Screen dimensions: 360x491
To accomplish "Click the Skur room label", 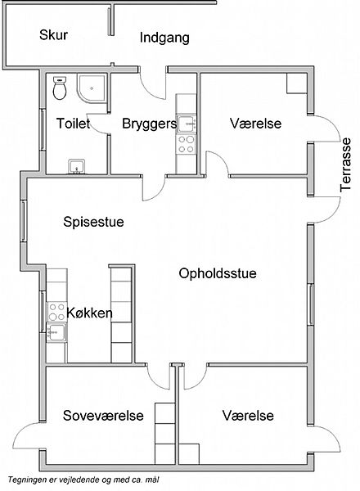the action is pos(53,34).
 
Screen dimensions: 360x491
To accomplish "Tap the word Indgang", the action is pos(164,38).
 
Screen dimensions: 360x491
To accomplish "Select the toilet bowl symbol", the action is pos(59,88).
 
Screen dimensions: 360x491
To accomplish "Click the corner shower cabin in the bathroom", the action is pos(92,88).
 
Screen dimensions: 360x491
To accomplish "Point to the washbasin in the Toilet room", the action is pos(76,166).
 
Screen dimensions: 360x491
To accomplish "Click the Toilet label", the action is pos(74,124).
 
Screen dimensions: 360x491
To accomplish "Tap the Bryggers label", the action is pos(150,124).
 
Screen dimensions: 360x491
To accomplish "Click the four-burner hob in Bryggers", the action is pos(186,144).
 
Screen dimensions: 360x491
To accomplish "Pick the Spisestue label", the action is pos(93,222).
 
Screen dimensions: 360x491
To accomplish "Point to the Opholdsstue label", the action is pos(218,273).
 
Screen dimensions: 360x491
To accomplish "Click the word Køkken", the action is pos(89,313).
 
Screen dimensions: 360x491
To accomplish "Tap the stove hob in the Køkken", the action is pos(56,312).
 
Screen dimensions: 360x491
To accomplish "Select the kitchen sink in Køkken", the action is pos(56,332).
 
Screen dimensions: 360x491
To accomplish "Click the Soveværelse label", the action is pos(103,416).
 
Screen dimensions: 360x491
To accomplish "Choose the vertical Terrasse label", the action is pos(345,164).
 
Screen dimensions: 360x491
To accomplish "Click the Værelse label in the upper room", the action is pos(256,124).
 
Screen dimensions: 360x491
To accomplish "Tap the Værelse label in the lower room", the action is pos(248,416).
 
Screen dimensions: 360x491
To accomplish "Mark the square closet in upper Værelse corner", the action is pos(297,83).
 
